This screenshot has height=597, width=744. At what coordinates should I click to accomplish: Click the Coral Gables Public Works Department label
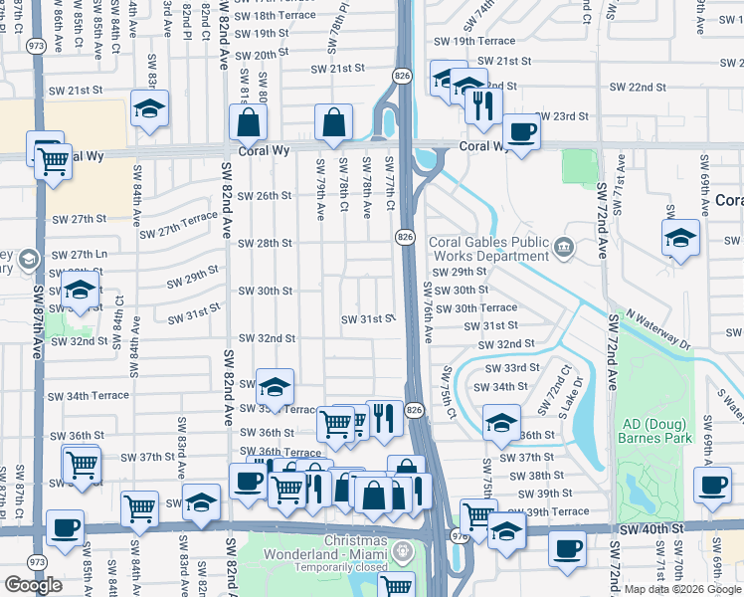click(x=488, y=250)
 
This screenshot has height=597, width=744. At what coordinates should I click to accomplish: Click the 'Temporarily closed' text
click(x=330, y=567)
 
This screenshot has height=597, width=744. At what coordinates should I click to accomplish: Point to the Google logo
click(x=33, y=585)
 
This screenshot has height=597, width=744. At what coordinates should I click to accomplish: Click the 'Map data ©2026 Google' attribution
click(x=682, y=589)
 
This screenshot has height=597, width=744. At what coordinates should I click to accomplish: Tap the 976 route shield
click(x=461, y=536)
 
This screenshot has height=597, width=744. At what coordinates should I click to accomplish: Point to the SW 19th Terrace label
click(x=475, y=41)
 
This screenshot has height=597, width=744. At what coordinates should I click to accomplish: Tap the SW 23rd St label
click(x=562, y=116)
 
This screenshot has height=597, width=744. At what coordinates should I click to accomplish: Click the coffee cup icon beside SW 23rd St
click(x=520, y=130)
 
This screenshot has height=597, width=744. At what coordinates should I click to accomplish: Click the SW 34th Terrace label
click(x=89, y=395)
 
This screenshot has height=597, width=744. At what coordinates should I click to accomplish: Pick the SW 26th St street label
click(x=265, y=195)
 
